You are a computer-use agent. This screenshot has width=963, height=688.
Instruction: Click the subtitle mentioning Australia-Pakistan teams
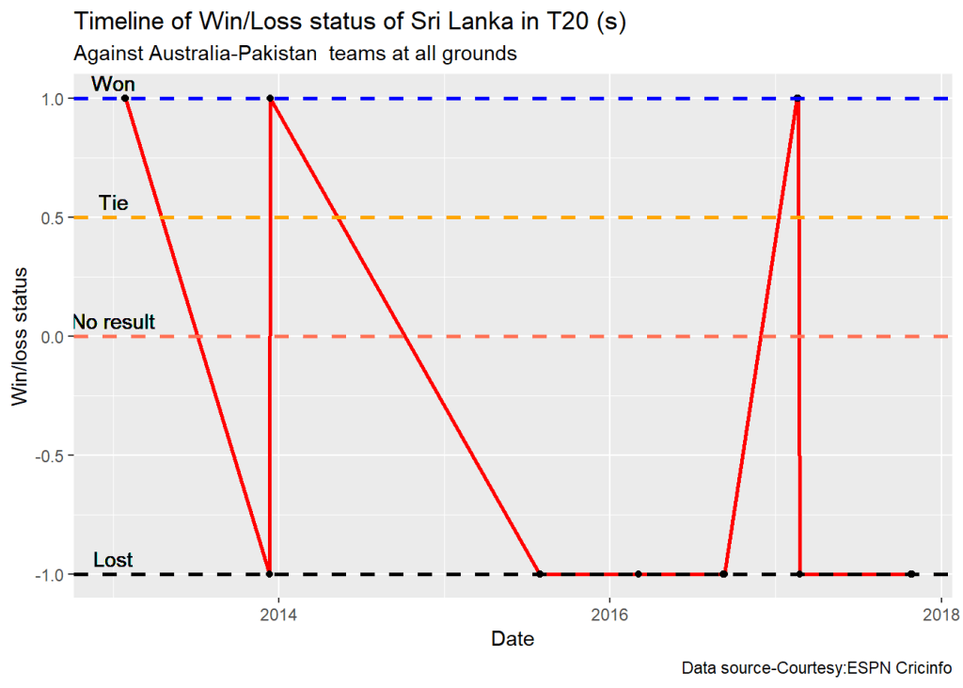[294, 54]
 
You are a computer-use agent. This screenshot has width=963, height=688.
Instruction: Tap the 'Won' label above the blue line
[113, 85]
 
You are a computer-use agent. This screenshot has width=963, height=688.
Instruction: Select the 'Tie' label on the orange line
[113, 203]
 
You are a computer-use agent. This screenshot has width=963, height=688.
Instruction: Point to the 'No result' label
[114, 322]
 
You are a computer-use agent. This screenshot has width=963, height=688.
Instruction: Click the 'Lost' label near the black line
[113, 561]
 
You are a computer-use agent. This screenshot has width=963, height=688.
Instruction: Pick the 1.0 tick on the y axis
[52, 99]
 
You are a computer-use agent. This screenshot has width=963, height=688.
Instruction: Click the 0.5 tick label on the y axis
[52, 217]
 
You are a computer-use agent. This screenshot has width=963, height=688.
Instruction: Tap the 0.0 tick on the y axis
[52, 336]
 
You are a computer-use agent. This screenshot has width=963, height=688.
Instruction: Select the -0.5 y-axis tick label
[49, 456]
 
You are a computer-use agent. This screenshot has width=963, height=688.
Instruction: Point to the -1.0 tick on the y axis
[49, 574]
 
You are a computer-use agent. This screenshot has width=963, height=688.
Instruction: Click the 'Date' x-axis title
[513, 640]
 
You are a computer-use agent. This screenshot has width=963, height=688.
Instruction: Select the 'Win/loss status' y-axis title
[20, 336]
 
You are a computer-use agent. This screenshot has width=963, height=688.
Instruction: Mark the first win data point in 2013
[125, 99]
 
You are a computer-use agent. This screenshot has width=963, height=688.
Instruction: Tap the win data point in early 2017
[797, 99]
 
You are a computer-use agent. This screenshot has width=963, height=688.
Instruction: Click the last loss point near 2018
[911, 574]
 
